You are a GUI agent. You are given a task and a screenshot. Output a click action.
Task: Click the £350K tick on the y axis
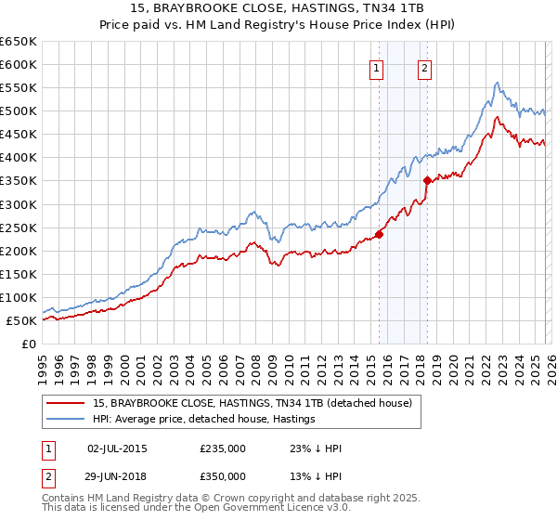click(18, 181)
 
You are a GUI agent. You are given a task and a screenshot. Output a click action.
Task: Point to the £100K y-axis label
click(18, 297)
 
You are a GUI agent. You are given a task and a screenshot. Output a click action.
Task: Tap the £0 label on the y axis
click(27, 344)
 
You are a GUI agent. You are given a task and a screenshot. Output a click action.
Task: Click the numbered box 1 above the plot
click(377, 67)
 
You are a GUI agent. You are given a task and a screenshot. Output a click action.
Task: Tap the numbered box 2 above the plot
click(424, 67)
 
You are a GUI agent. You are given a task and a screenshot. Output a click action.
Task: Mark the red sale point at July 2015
click(380, 234)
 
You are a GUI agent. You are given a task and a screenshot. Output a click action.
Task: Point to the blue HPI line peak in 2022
click(498, 83)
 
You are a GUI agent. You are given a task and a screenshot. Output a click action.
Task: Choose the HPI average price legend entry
click(204, 419)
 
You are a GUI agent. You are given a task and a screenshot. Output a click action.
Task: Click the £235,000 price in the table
click(223, 448)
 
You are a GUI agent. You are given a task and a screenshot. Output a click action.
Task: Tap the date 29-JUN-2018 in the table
click(117, 474)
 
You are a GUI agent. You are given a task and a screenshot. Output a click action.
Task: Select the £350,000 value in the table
click(223, 474)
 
